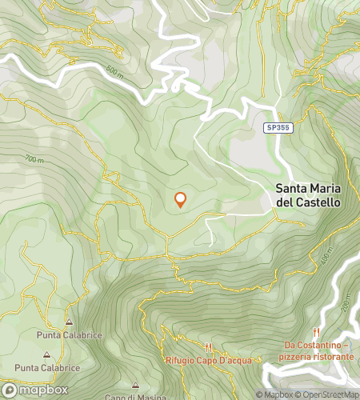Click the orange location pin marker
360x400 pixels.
pyautogui.click(x=180, y=200)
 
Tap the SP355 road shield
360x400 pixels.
pyautogui.click(x=277, y=128)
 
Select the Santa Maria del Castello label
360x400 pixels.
pyautogui.click(x=308, y=196)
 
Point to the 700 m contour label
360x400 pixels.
pyautogui.click(x=34, y=160)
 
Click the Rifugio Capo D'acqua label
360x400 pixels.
pyautogui.click(x=209, y=360)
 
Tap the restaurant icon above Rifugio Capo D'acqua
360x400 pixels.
pyautogui.click(x=208, y=347)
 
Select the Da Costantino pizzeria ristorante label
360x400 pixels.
pyautogui.click(x=318, y=350)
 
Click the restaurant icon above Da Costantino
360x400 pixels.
pyautogui.click(x=318, y=332)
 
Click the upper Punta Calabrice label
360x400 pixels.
pyautogui.click(x=68, y=334)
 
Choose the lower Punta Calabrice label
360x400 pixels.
pyautogui.click(x=47, y=367)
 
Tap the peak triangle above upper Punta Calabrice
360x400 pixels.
pyautogui.click(x=68, y=322)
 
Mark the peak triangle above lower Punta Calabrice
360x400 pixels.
pyautogui.click(x=46, y=354)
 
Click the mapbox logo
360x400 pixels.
pyautogui.click(x=34, y=390)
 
